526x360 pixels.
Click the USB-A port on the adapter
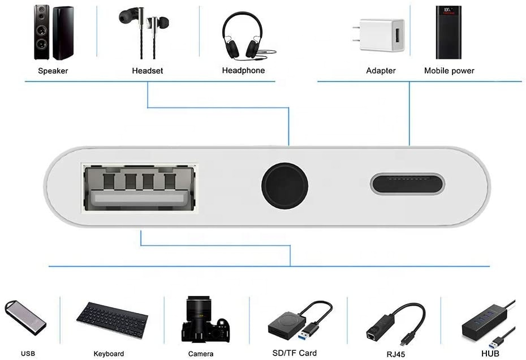point(139,188)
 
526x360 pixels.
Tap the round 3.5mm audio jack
point(284,186)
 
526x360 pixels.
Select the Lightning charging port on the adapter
point(407,183)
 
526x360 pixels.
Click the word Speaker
point(53,71)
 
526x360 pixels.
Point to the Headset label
point(147,71)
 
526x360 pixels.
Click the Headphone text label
point(243,71)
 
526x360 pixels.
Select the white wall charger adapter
point(378,35)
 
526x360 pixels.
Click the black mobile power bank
point(449,32)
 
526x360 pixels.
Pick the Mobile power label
point(449,71)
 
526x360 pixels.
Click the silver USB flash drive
point(25,318)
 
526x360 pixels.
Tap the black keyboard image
point(112,320)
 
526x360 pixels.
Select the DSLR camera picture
point(205,319)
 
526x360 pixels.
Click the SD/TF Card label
point(295,353)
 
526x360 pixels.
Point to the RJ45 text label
point(395,354)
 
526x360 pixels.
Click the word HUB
point(490,353)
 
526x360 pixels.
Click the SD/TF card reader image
point(300,322)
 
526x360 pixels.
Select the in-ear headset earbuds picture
point(144,31)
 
